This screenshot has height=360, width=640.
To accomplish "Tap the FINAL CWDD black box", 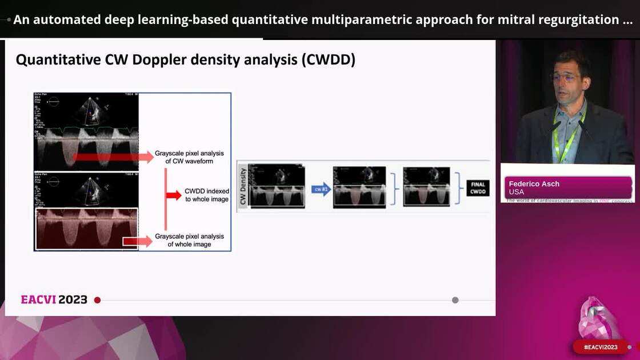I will pyautogui.click(x=478, y=188).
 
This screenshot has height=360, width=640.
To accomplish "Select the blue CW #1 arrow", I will pyautogui.click(x=321, y=189).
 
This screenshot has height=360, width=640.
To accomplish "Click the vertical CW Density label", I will pyautogui.click(x=242, y=186).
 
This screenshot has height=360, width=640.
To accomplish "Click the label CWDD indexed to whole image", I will pyautogui.click(x=206, y=195).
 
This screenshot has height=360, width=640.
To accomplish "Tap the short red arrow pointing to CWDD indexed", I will pyautogui.click(x=173, y=195).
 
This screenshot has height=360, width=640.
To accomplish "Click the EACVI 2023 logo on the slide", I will pyautogui.click(x=54, y=299).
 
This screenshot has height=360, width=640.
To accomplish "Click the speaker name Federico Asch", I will pyautogui.click(x=534, y=184).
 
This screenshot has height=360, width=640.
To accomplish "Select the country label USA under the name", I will pyautogui.click(x=516, y=192).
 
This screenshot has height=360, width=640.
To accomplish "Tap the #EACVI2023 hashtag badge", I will pyautogui.click(x=601, y=347).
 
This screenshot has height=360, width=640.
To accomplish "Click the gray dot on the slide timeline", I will pyautogui.click(x=455, y=300).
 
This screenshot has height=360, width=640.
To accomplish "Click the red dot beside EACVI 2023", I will pyautogui.click(x=97, y=300).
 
